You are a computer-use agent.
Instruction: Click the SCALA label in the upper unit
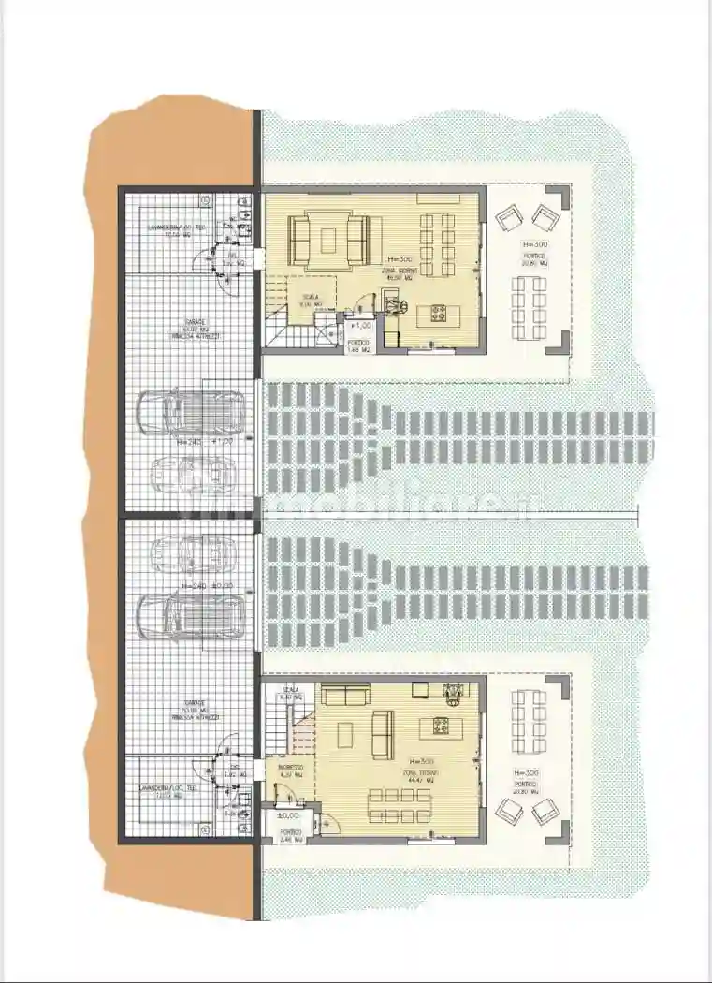tap(309, 299)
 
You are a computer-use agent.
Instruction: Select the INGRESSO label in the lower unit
tap(290, 770)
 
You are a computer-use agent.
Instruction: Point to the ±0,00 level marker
tap(288, 815)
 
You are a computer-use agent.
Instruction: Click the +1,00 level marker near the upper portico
tap(360, 326)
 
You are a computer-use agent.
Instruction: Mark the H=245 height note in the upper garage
tap(189, 440)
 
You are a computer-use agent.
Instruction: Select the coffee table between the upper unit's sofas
tap(330, 239)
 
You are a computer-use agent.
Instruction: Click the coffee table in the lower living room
tap(381, 733)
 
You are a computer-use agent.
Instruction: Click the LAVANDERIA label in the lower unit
tap(168, 788)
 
